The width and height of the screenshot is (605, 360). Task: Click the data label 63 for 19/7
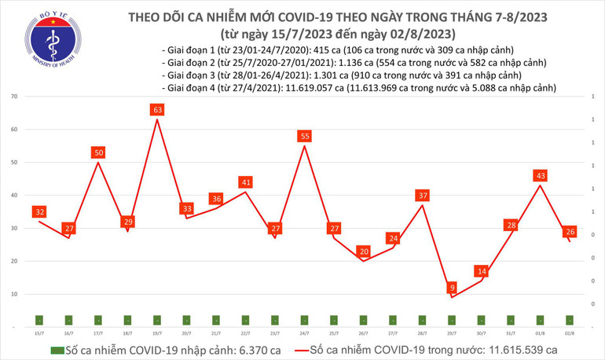click(157, 110)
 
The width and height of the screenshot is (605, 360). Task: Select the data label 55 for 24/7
click(304, 137)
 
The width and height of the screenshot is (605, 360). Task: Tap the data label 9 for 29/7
click(452, 288)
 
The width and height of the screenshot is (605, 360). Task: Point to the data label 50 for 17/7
click(98, 152)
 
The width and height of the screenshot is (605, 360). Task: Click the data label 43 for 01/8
click(540, 176)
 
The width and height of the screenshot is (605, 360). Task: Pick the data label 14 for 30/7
click(481, 271)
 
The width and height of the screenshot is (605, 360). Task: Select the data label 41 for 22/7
click(245, 182)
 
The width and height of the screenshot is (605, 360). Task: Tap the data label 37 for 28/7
click(422, 196)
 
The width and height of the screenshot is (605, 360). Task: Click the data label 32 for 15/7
click(38, 212)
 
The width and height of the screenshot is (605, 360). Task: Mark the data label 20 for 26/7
click(363, 252)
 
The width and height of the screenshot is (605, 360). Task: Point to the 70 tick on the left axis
click(15, 96)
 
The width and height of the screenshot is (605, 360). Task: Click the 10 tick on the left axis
click(15, 294)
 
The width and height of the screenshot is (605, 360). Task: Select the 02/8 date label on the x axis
click(569, 332)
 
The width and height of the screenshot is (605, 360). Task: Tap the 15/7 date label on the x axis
click(38, 332)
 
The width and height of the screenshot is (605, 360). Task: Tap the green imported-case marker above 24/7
click(304, 320)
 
